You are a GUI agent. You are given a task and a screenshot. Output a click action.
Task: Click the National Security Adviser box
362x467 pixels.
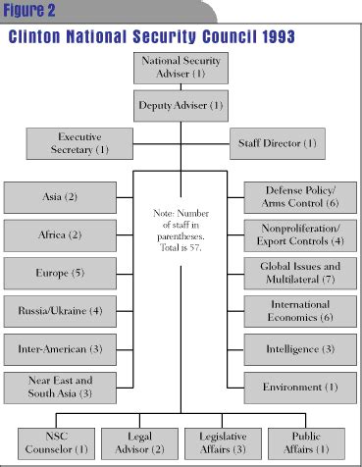point(181,66)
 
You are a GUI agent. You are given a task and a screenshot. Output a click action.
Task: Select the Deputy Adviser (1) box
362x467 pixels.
point(181,104)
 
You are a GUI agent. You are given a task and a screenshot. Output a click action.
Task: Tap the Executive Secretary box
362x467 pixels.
point(79,143)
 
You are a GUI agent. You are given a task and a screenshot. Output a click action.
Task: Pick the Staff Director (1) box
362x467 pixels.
point(279,143)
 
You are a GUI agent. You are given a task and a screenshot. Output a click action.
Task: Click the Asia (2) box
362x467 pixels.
point(55,196)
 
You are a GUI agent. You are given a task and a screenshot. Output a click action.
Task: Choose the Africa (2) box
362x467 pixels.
point(55,234)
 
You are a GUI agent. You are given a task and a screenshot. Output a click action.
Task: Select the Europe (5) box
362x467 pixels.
point(55,272)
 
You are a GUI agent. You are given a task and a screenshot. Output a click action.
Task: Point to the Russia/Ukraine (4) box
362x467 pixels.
point(55,310)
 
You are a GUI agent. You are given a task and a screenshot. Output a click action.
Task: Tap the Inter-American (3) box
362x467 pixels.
point(55,348)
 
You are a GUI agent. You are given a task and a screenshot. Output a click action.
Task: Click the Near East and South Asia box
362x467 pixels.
point(55,387)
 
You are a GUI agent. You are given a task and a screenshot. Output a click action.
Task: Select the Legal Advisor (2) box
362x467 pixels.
point(140,443)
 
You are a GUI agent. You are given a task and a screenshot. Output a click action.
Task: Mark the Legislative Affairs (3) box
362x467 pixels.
point(224,443)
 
